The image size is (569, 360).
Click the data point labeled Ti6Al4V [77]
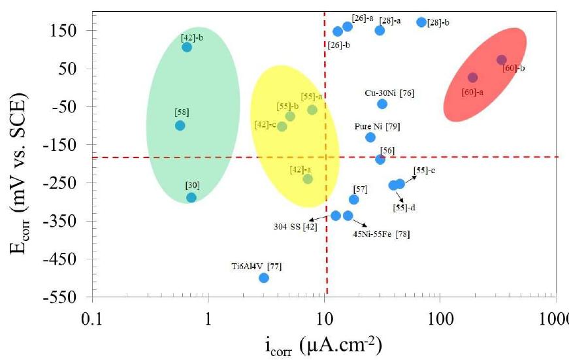(x=264, y=278)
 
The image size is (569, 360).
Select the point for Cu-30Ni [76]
(x=382, y=104)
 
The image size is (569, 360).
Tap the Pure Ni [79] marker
(x=370, y=137)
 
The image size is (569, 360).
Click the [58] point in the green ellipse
(x=180, y=125)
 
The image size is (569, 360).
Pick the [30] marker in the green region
(x=191, y=197)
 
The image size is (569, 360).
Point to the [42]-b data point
(x=187, y=47)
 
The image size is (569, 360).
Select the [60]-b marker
(x=502, y=60)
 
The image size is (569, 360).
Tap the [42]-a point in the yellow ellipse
(x=308, y=179)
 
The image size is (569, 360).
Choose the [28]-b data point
(x=421, y=22)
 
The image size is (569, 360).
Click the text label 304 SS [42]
(x=295, y=227)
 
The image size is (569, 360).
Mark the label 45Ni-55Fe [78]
(x=382, y=233)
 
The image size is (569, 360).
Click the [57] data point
(x=354, y=199)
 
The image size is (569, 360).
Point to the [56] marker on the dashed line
(x=380, y=159)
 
